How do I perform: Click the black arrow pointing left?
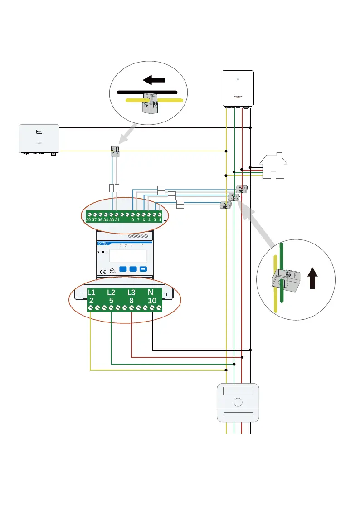pos(154,80)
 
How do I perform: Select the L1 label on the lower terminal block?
pos(91,292)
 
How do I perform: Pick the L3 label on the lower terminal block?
pos(131,292)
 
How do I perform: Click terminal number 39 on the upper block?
pos(89,220)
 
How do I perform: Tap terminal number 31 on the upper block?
pos(117,220)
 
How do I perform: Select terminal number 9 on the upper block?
pos(132,220)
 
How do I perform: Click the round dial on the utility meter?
pos(237,402)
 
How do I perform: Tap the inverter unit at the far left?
pos(38,139)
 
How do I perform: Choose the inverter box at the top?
pos(237,88)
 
